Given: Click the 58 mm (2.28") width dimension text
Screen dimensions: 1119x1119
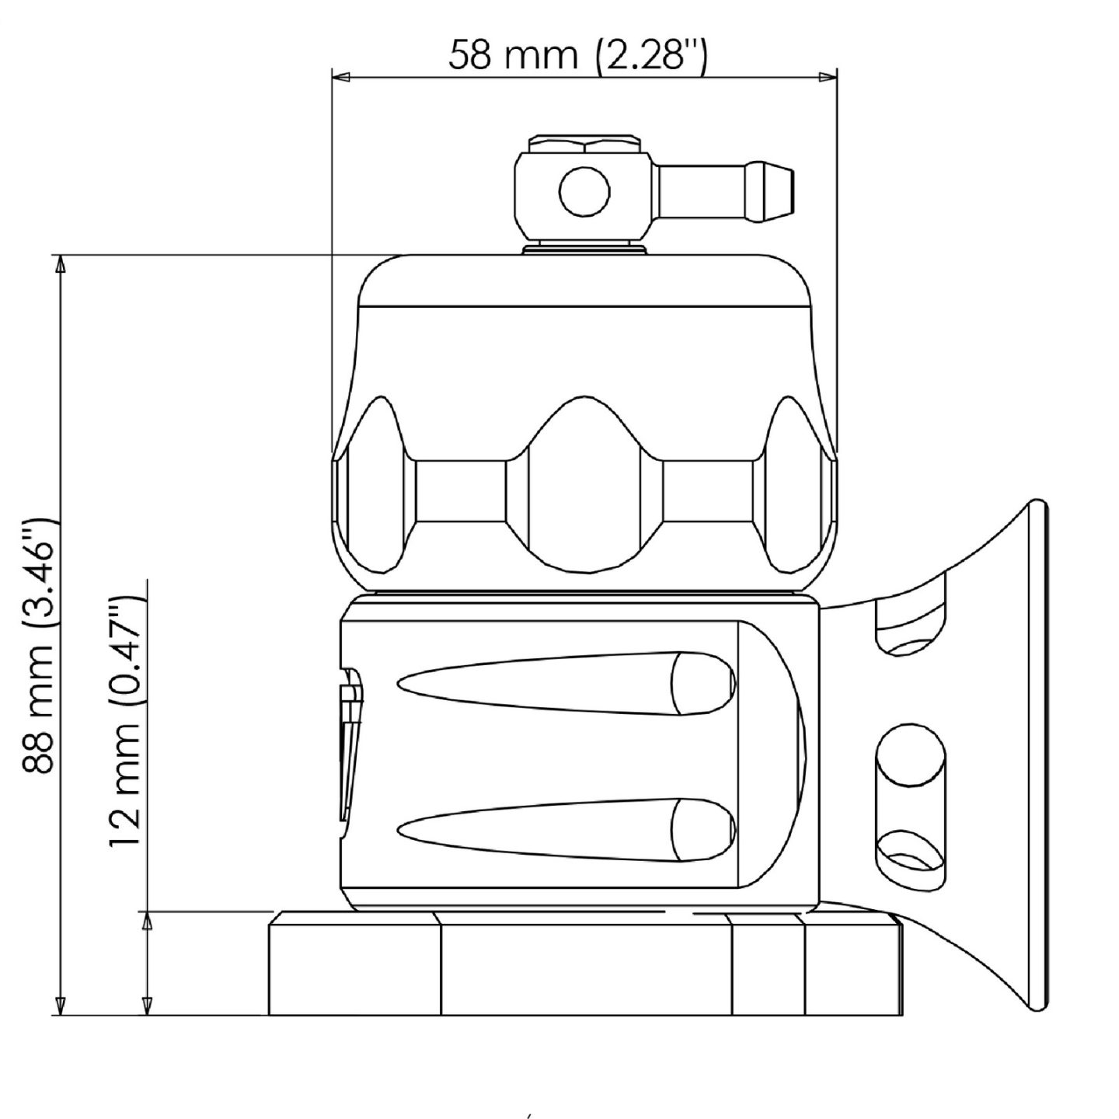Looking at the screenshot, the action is point(577,55).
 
